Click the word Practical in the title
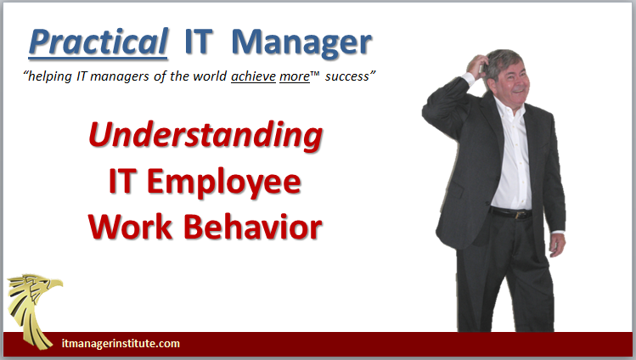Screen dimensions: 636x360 tap(98, 42)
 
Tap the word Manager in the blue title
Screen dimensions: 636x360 tap(301, 42)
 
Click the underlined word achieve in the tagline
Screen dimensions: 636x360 tap(254, 76)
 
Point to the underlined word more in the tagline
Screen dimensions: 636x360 tap(295, 76)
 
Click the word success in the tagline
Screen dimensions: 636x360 tap(347, 76)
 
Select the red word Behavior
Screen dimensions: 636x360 tap(253, 227)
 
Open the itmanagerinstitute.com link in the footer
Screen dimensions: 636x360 tap(121, 343)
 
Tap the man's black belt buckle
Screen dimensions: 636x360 tap(518, 215)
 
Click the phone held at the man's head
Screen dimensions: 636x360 tap(481, 65)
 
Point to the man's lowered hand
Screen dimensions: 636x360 tap(556, 245)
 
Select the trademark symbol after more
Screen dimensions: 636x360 tap(315, 73)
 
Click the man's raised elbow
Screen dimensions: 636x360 tap(426, 110)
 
